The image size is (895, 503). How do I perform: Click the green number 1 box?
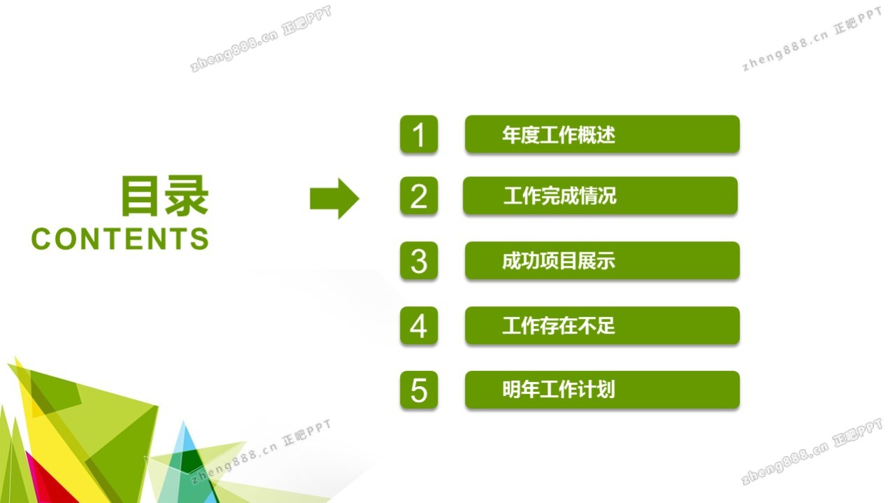point(419,134)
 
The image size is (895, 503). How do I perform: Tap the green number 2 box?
point(419,196)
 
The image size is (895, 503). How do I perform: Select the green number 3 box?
point(419,261)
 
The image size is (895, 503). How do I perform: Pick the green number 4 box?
point(419,325)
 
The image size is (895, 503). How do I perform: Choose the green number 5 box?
point(419,390)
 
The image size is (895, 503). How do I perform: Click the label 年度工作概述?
point(559,135)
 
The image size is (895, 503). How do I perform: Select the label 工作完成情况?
point(560,196)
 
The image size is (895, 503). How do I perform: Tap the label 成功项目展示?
point(559,261)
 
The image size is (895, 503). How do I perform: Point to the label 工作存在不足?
point(559,325)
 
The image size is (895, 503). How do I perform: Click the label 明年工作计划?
point(559,390)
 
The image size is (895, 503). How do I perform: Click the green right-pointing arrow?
point(334,199)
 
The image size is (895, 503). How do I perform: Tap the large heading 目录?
point(165,196)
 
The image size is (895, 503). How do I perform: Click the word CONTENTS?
point(120,239)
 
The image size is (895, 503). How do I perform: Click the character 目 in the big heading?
point(140,196)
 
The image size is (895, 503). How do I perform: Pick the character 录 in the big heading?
point(187,196)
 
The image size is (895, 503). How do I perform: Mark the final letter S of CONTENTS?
point(200,239)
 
